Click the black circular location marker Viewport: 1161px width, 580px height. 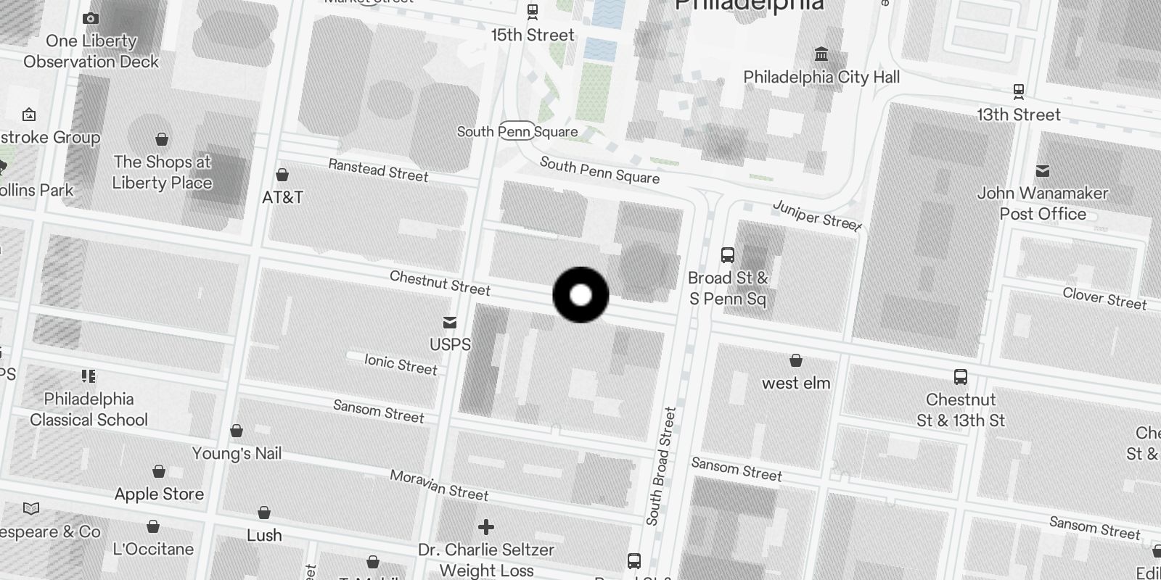[x=580, y=294]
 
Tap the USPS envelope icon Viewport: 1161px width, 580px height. [x=450, y=323]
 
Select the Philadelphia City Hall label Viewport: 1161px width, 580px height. [x=821, y=77]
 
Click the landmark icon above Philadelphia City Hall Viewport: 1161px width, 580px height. [x=821, y=54]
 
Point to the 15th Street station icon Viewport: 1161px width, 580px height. [x=533, y=12]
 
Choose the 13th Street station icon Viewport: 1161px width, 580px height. [x=1019, y=91]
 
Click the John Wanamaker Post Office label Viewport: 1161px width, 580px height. [x=1042, y=203]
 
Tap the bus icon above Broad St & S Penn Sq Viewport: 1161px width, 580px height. [x=728, y=255]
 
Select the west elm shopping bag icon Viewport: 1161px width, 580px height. [x=796, y=360]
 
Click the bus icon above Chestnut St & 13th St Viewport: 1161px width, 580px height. [x=961, y=377]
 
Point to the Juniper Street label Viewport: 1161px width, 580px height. [x=817, y=215]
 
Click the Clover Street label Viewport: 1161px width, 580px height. [x=1104, y=298]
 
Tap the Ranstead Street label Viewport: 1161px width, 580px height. [x=378, y=170]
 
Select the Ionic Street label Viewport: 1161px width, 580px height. [x=401, y=364]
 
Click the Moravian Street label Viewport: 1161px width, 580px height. [x=439, y=485]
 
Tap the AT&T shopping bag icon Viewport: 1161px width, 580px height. [x=282, y=175]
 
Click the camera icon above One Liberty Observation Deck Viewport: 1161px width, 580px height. [x=91, y=19]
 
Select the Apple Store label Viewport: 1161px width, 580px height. [x=159, y=494]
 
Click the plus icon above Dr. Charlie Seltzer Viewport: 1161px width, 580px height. [x=486, y=527]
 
